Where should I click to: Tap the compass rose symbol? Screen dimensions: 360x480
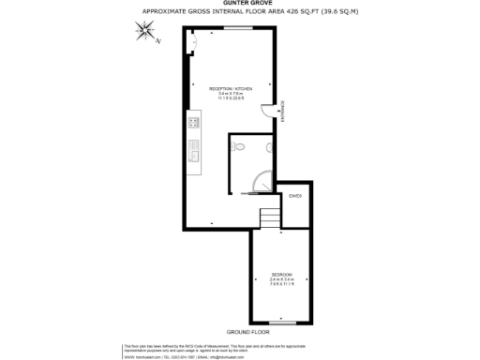[145, 34]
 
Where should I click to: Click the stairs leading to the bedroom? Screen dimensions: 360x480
[269, 218]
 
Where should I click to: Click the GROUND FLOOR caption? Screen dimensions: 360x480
[247, 333]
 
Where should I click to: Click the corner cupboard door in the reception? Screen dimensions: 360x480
[193, 40]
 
